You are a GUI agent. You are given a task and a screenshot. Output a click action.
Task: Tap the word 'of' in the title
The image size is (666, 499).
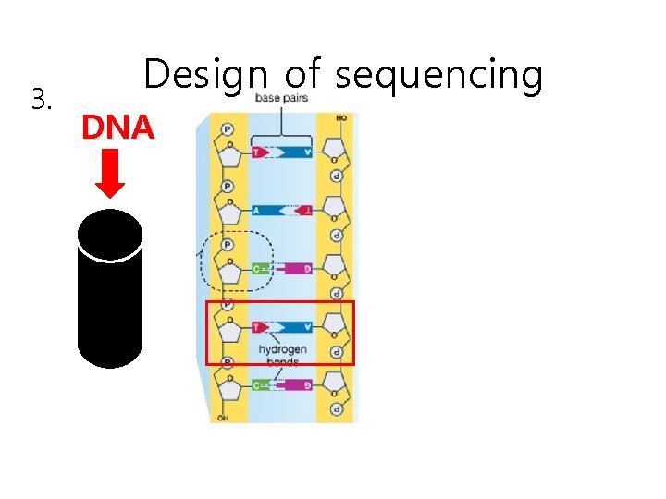(x=301, y=75)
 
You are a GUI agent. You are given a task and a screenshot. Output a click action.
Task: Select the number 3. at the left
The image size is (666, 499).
(x=40, y=97)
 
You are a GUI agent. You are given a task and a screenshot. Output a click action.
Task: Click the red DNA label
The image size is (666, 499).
(x=117, y=128)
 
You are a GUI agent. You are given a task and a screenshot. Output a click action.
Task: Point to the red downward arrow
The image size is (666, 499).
(x=111, y=174)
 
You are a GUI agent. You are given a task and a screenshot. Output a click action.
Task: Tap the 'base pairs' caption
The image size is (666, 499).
(x=282, y=98)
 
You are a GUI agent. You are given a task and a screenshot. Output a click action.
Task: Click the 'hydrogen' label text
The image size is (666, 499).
(x=282, y=349)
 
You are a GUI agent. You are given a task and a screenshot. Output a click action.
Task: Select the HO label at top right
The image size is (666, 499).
(x=342, y=118)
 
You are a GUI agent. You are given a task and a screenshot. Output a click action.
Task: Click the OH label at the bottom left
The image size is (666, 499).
(x=222, y=419)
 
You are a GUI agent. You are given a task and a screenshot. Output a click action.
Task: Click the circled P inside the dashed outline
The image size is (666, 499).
(x=227, y=245)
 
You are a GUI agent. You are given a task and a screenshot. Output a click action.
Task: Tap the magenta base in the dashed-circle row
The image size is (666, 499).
(x=296, y=269)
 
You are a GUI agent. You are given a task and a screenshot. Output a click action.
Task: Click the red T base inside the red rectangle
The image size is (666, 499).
(x=258, y=326)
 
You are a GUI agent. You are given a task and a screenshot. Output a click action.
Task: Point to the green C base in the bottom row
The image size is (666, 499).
(x=260, y=384)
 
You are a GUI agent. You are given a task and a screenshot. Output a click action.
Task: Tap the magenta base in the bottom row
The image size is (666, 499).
(x=296, y=384)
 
